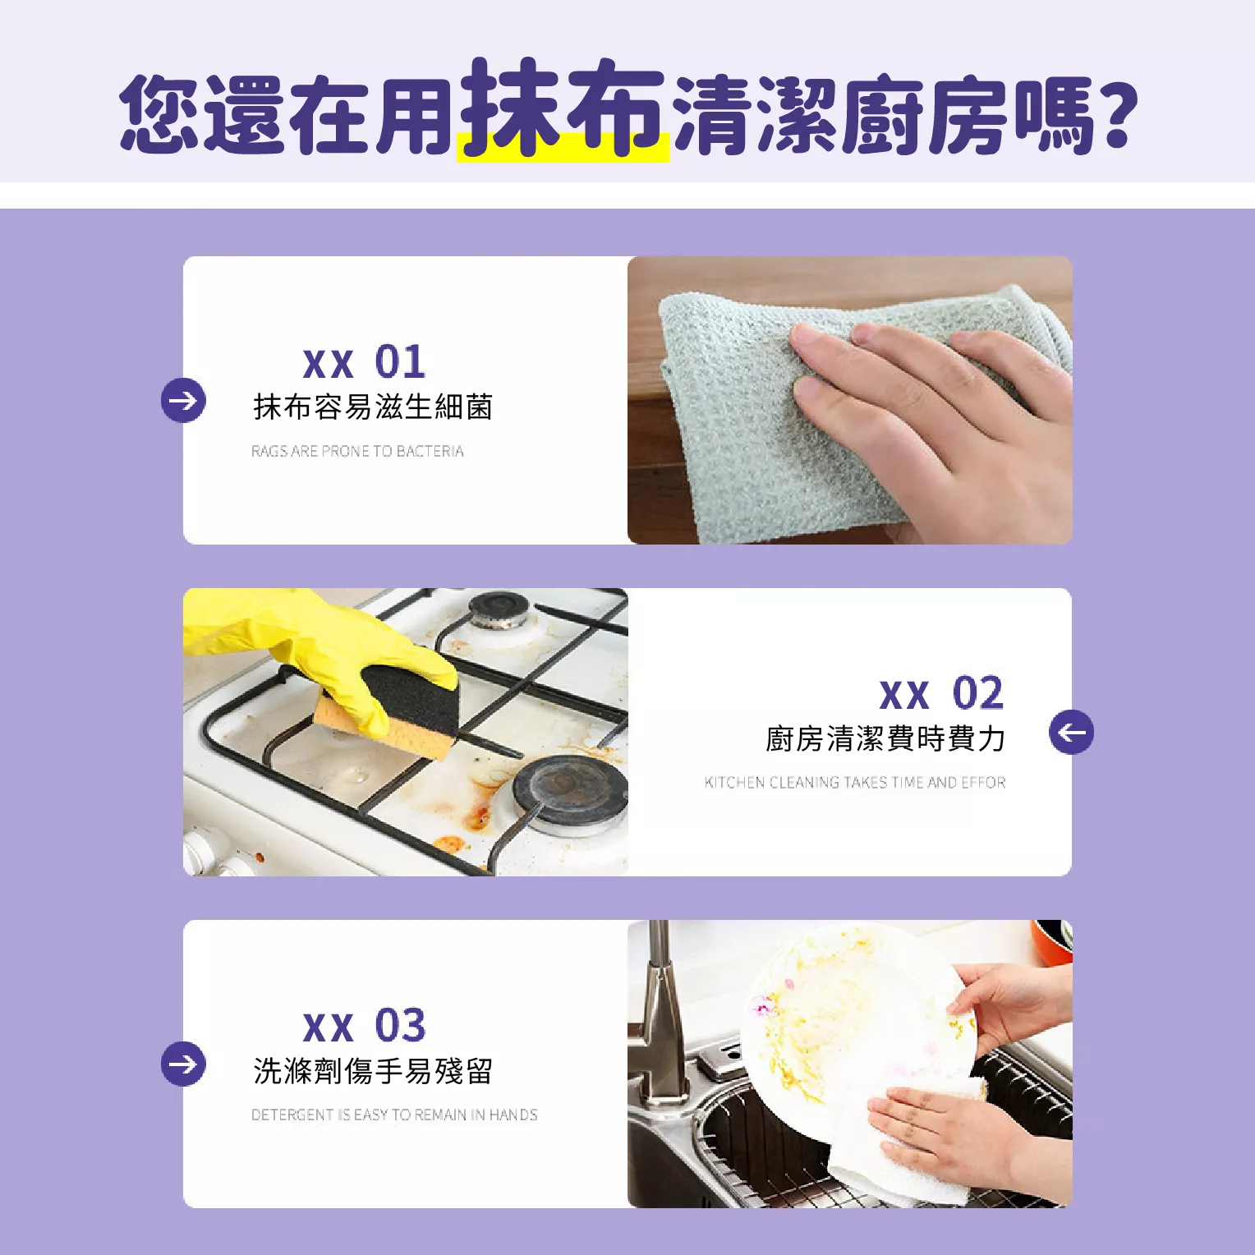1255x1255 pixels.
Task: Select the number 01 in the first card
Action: (x=400, y=361)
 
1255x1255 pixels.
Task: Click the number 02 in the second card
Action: (x=977, y=693)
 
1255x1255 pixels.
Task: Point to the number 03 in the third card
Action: (x=400, y=1025)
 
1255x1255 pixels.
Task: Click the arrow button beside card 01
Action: (x=183, y=401)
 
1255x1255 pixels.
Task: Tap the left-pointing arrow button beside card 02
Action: (x=1071, y=732)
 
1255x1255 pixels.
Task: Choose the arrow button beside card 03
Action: (x=183, y=1064)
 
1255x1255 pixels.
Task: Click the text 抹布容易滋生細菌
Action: (x=373, y=407)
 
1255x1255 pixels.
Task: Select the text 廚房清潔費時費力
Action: (x=885, y=738)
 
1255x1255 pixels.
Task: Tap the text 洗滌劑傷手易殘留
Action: (x=373, y=1070)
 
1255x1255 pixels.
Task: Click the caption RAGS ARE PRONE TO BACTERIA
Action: (x=357, y=451)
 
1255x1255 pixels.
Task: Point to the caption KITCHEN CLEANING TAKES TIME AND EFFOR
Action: (x=855, y=782)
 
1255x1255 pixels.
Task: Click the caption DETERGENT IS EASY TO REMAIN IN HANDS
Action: (x=394, y=1115)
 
